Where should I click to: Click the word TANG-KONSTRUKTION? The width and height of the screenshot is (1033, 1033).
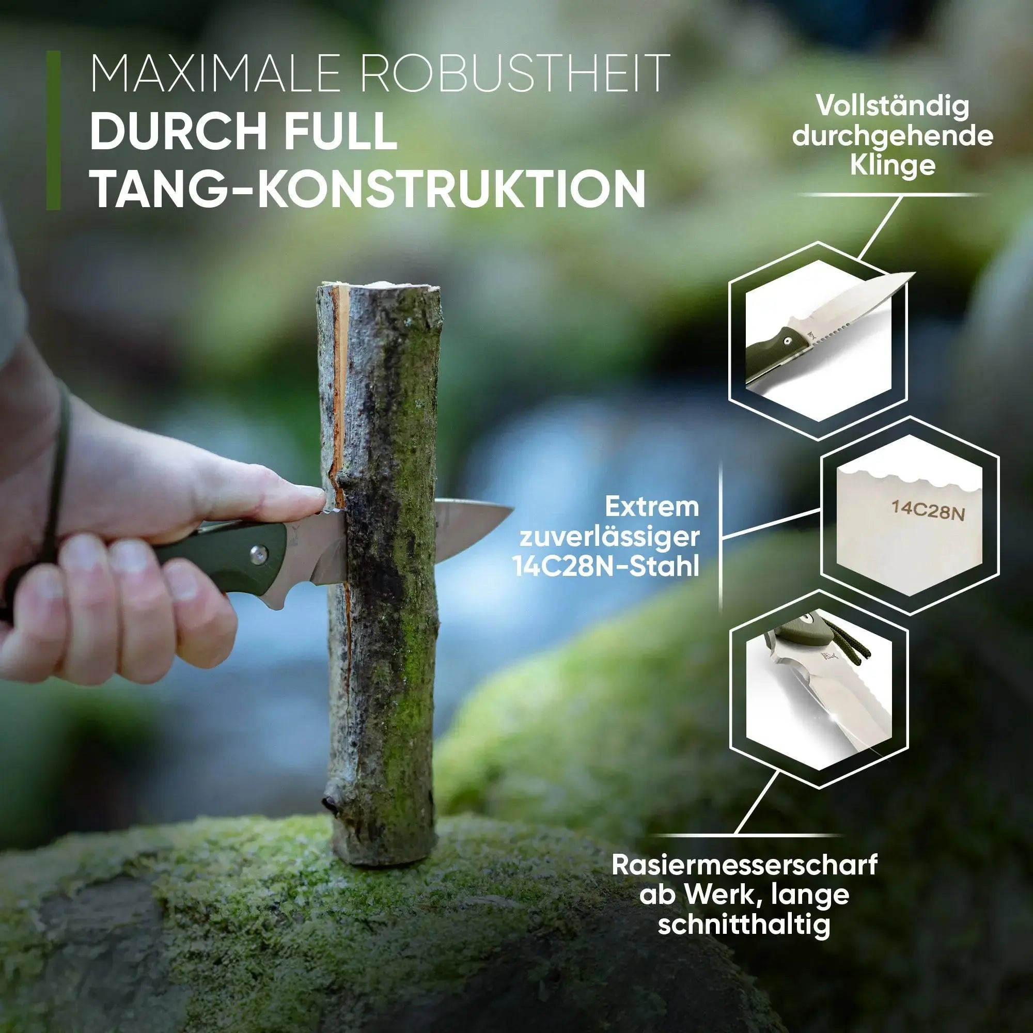(x=368, y=187)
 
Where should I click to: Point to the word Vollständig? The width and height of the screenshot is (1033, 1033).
(x=893, y=106)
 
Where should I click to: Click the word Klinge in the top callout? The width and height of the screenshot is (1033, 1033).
(x=893, y=165)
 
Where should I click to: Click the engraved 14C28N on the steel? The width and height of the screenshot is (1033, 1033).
(x=928, y=510)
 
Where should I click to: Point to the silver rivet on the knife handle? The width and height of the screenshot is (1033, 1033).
(x=259, y=554)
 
